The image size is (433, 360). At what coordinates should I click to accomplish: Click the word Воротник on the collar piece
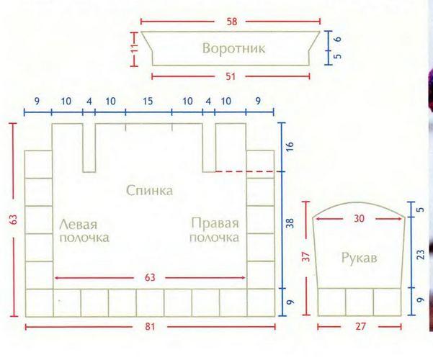(x=233, y=48)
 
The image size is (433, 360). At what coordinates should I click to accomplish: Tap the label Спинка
(x=149, y=191)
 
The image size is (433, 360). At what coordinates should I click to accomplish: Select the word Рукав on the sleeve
(x=359, y=258)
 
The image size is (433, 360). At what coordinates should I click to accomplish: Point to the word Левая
(x=78, y=225)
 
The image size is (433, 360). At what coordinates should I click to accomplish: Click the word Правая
(x=215, y=223)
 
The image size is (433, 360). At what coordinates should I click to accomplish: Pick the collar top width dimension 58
(x=232, y=22)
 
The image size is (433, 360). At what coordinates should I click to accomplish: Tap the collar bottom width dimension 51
(x=231, y=76)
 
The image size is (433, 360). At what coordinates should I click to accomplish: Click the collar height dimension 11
(x=134, y=49)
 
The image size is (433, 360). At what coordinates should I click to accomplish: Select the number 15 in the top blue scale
(x=148, y=101)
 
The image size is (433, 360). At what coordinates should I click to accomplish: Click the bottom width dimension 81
(x=150, y=327)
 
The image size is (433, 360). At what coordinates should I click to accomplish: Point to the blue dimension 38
(x=290, y=223)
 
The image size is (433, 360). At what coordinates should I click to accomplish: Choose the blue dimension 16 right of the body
(x=290, y=146)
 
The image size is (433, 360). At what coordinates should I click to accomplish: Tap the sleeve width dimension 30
(x=359, y=219)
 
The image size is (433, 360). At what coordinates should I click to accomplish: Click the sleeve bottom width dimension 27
(x=360, y=327)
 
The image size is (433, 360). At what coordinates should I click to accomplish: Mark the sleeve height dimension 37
(x=306, y=257)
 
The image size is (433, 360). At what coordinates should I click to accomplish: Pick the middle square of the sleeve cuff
(x=360, y=302)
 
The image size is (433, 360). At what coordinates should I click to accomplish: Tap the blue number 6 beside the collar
(x=338, y=39)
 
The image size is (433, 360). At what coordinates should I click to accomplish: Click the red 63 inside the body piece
(x=150, y=277)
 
